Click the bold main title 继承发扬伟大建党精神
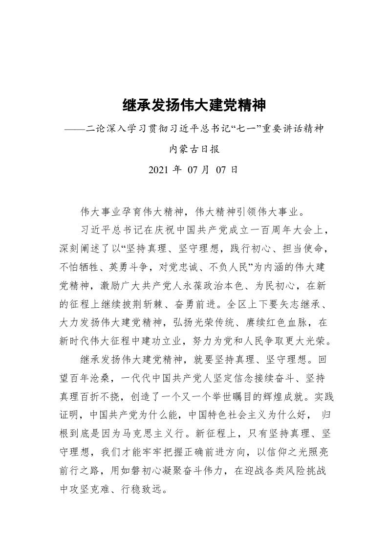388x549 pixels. [194, 105]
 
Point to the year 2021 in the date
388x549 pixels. [158, 170]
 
